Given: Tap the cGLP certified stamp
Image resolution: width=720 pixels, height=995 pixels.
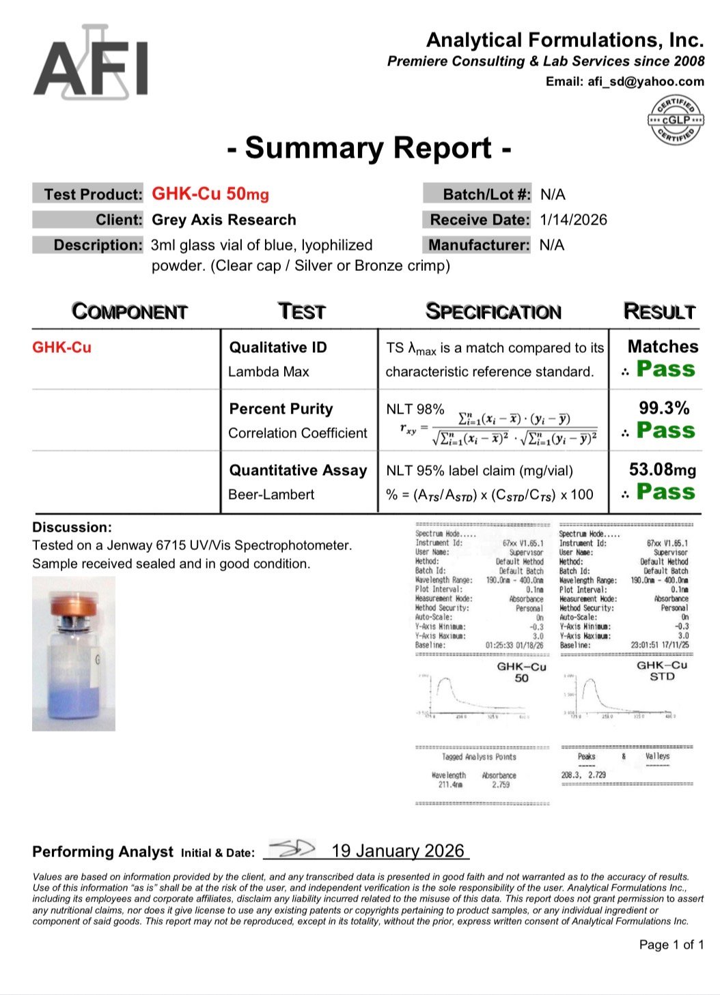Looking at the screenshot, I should pos(675,120).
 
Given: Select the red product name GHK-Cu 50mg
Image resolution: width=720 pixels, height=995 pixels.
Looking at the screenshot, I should pos(210,194).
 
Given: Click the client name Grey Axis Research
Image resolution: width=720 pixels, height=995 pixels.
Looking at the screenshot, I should pos(224,220).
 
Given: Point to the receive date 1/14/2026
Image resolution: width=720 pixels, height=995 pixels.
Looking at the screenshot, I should pos(572,220).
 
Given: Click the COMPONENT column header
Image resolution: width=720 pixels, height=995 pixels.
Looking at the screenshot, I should pos(129,312).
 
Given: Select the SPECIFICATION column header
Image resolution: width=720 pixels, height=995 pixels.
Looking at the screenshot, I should pos(493,312).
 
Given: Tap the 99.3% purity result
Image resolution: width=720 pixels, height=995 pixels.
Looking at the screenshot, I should pos(663,408).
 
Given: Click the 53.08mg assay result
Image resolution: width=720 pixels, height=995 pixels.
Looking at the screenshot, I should pos(662,470).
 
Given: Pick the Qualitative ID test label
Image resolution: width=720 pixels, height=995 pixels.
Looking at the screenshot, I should pos(278,347).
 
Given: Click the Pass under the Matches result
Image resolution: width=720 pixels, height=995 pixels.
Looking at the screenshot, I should pos(665,369).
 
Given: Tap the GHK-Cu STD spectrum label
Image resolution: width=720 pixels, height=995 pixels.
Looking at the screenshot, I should pos(661,671).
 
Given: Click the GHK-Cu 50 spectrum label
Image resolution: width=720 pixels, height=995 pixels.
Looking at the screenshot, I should pos(521,672).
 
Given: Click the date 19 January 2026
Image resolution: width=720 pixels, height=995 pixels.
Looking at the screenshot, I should pos(398,851).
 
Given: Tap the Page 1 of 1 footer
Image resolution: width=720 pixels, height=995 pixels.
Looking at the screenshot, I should pos(671,944).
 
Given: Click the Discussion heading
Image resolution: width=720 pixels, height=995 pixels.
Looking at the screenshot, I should pos(72,528).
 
